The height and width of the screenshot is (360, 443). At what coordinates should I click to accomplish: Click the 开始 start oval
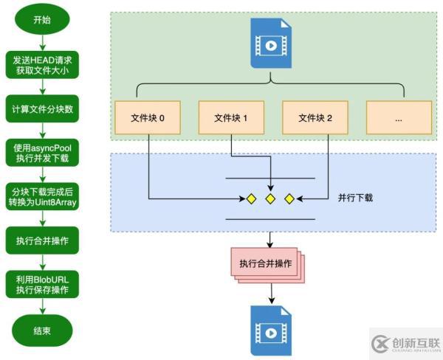(x=42, y=21)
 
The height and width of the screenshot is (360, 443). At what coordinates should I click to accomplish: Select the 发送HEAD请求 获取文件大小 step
(x=42, y=65)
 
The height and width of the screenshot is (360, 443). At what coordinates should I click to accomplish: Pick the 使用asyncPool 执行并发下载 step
(x=42, y=153)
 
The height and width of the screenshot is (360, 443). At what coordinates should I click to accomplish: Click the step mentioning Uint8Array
(x=42, y=196)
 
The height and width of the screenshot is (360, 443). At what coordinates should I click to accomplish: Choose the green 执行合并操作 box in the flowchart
(x=42, y=240)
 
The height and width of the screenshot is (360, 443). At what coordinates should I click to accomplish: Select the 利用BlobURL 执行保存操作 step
(x=42, y=284)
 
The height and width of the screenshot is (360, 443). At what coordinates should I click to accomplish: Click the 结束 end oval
(x=42, y=330)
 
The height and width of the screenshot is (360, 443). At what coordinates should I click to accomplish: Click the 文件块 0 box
(x=148, y=118)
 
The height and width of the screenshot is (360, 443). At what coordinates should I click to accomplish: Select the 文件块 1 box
(x=231, y=118)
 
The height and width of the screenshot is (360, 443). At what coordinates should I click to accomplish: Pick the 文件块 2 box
(x=315, y=118)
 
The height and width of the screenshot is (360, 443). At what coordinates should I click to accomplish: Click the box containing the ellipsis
(x=399, y=118)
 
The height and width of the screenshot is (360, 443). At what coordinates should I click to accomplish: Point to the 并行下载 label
(x=355, y=198)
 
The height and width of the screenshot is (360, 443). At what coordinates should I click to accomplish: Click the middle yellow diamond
(x=270, y=198)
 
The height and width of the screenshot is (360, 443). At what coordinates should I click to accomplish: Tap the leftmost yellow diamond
(x=252, y=198)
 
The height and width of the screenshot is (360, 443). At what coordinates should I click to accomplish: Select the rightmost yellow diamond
(x=289, y=198)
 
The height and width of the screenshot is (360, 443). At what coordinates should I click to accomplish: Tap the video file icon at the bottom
(x=270, y=325)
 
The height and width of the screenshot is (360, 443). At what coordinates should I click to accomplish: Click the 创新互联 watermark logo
(x=405, y=344)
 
